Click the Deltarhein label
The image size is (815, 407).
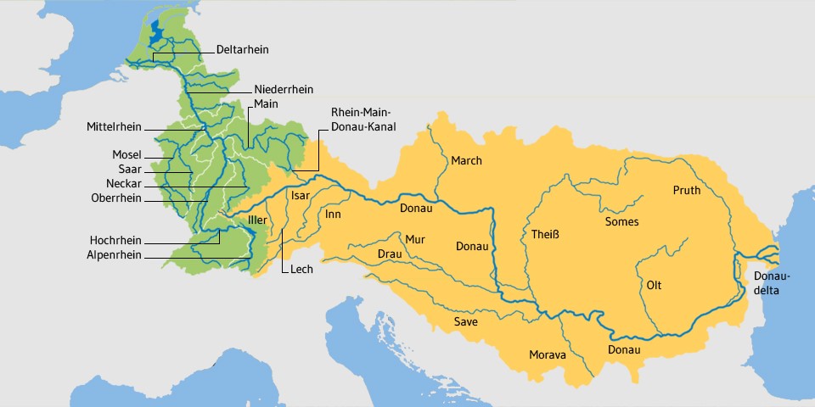click(x=242, y=50)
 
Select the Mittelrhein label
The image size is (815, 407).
click(x=115, y=127)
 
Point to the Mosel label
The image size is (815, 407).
click(x=126, y=155)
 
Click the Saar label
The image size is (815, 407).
click(x=129, y=170)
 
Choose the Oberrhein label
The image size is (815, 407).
click(x=116, y=198)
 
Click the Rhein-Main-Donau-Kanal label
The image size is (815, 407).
click(x=364, y=120)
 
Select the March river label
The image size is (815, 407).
click(x=466, y=161)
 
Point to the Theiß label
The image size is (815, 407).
click(x=545, y=234)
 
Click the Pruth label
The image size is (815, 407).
click(x=687, y=191)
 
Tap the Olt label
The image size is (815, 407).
click(x=654, y=285)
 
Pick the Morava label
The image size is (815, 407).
click(x=547, y=354)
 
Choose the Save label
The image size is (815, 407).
click(x=465, y=322)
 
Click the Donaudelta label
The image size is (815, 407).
click(x=772, y=283)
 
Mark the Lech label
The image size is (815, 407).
click(x=301, y=270)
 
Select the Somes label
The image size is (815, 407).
click(x=621, y=222)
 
